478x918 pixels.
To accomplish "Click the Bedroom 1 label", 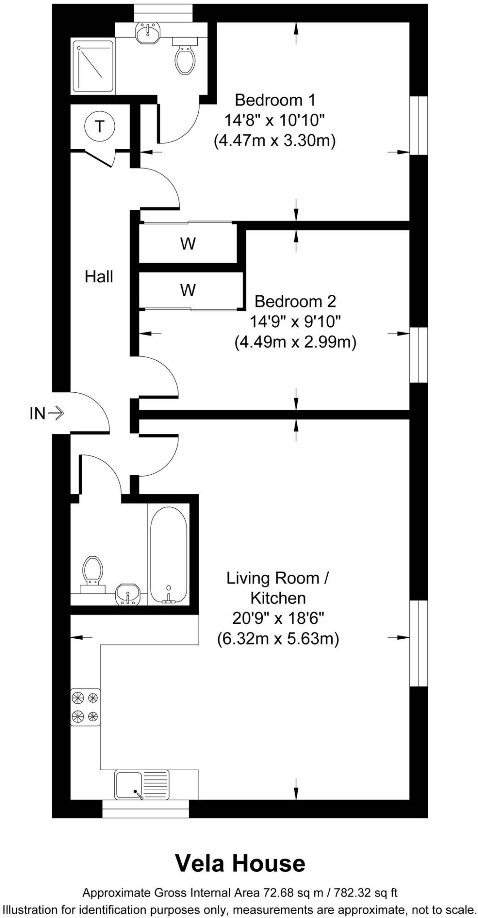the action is point(275,99).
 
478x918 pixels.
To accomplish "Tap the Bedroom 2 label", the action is point(295,301).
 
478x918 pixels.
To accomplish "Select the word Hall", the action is point(99,277).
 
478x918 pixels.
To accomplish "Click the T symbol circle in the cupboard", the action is point(100,126).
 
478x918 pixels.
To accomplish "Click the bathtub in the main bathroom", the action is point(168,555).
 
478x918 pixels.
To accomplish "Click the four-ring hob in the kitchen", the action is point(85,707).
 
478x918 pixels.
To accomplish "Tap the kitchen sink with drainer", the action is point(142,784).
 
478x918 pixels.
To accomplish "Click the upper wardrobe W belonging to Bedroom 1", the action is point(188,244).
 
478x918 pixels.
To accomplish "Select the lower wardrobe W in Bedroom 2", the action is point(188,290).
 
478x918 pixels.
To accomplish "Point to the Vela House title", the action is point(240,863).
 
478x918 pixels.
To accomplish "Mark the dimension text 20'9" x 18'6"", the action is point(278,618).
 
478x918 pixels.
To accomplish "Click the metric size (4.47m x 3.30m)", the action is point(275,141).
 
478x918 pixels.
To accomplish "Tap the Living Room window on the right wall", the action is point(419,643).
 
